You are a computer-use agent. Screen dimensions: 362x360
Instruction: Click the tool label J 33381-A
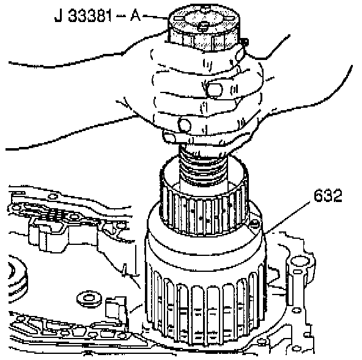coord(97,16)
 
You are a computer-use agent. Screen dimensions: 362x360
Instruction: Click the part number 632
coord(328,195)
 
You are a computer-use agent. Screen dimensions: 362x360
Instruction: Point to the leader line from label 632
coord(287,217)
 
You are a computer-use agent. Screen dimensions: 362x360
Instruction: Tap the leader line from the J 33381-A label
coord(155,17)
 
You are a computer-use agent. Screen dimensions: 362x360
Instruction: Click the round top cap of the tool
coord(204,26)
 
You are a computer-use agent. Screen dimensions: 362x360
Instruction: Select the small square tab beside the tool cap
coord(244,42)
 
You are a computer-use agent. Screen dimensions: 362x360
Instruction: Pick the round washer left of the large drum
coord(89,298)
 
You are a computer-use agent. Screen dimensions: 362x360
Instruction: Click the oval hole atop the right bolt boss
coord(300,261)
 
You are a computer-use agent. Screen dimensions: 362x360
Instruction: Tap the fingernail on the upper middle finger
coord(214,90)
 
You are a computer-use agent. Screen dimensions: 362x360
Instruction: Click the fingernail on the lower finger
coord(185,125)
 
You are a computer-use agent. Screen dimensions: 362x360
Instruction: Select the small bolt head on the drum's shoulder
coord(255,223)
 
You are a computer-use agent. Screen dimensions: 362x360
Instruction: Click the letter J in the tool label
coord(58,16)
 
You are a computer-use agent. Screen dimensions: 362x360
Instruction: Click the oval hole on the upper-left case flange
coord(53,197)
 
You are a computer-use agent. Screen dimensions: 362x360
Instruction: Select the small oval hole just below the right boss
coord(298,271)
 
